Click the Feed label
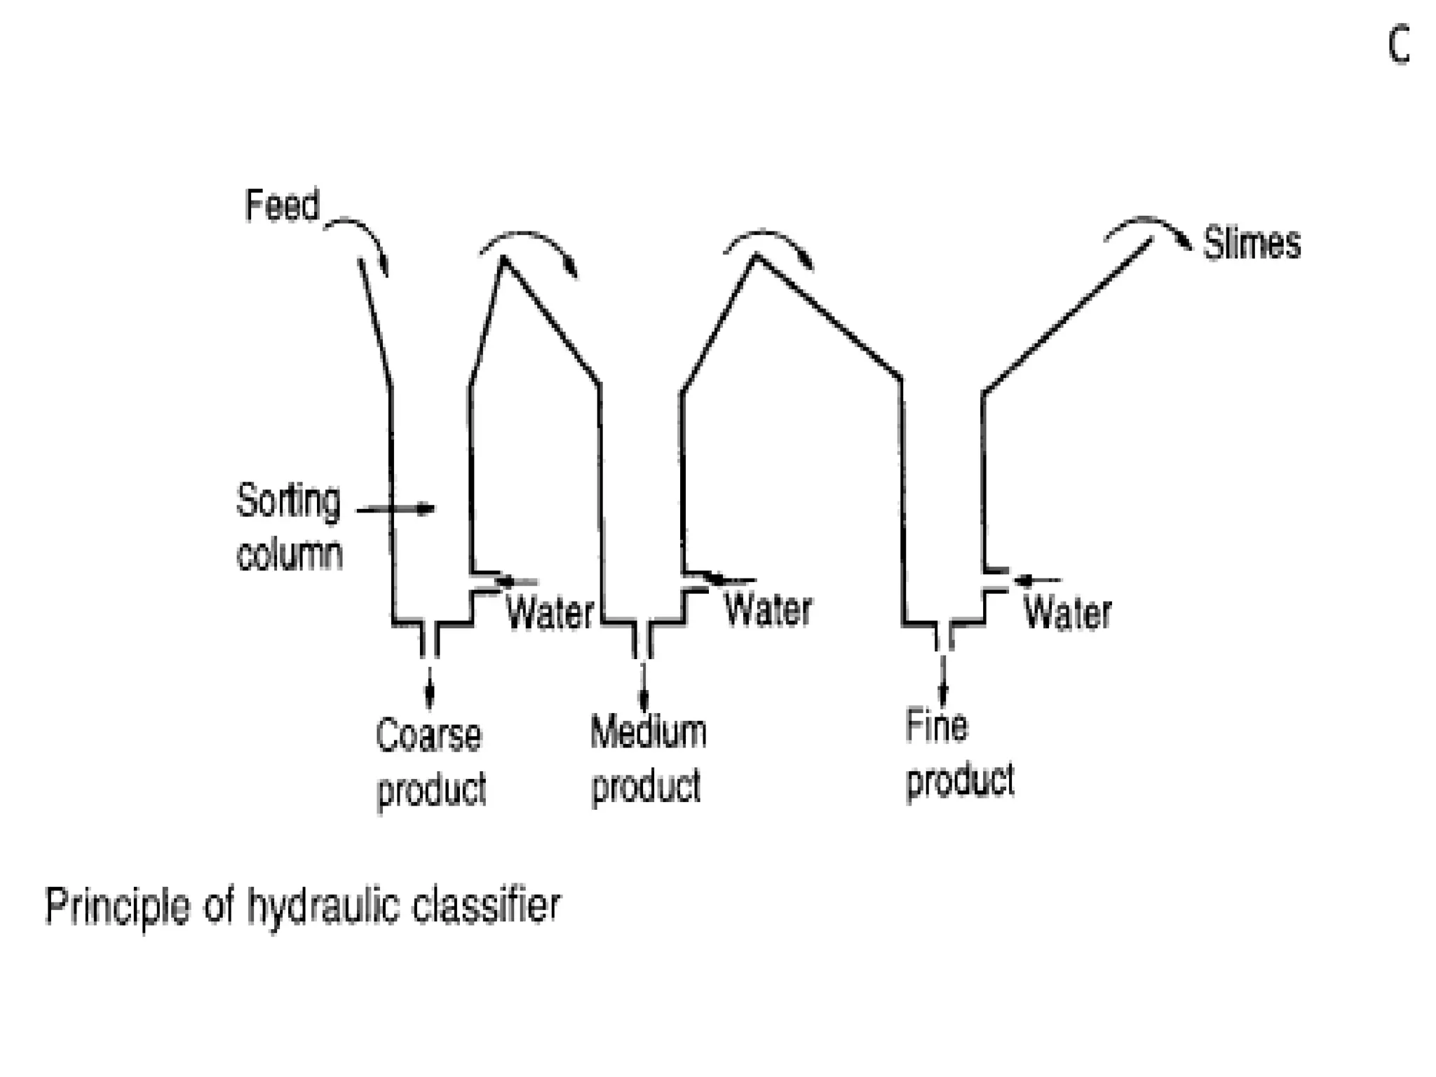[x=282, y=205]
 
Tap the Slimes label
[x=1252, y=244]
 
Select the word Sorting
[x=288, y=502]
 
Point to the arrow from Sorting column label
[x=396, y=509]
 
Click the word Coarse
[x=428, y=736]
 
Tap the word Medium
[x=648, y=732]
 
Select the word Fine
[x=936, y=726]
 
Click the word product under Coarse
[x=431, y=790]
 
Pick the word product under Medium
[x=646, y=787]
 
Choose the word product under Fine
[x=960, y=780]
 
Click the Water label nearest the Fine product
[x=1067, y=613]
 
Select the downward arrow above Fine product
[x=943, y=680]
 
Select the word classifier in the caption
[x=486, y=905]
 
